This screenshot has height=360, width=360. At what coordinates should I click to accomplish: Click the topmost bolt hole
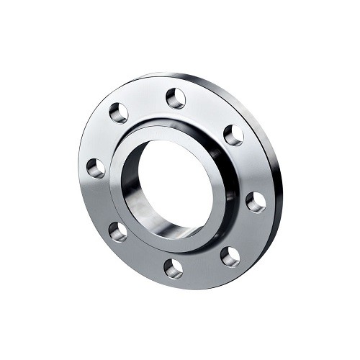pos(176,97)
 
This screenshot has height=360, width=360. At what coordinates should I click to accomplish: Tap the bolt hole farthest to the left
pos(96,168)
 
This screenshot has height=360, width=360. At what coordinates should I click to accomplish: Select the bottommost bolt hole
pos(174,268)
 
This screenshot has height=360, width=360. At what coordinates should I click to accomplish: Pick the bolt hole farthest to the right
pos(256,202)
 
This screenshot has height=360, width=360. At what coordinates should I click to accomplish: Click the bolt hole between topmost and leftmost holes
pos(119,112)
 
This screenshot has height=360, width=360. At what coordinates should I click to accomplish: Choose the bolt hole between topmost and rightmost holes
pos(233,135)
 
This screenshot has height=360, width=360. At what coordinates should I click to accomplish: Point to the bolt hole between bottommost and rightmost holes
pos(230,256)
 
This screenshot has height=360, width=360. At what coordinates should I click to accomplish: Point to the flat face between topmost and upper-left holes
pos(146,101)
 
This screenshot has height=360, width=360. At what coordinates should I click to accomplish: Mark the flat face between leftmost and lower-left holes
pos(103,201)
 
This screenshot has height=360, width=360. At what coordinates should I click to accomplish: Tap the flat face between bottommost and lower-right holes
pos(202,266)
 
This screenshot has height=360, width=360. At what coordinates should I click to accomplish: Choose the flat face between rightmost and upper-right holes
pos(248,167)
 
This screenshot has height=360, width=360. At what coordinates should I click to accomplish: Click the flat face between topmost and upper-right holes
pos(207,112)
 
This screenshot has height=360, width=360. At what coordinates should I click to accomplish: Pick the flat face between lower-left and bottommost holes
pos(143,253)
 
